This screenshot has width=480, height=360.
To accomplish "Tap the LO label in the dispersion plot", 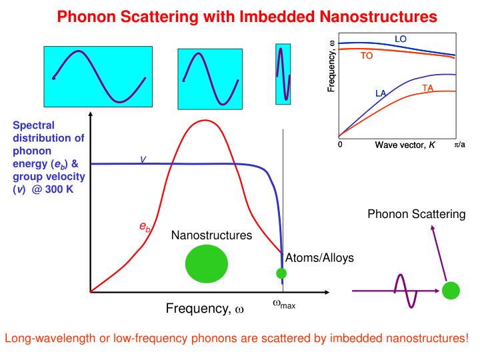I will pyautogui.click(x=401, y=39).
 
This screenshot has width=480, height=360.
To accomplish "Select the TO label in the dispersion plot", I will pyautogui.click(x=367, y=56).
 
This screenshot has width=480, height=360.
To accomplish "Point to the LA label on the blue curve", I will pyautogui.click(x=381, y=93).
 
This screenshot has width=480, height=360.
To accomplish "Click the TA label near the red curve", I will pyautogui.click(x=428, y=88).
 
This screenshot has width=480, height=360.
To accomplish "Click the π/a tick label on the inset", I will pyautogui.click(x=460, y=144).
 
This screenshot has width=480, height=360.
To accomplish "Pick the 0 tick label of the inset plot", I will pyautogui.click(x=340, y=144).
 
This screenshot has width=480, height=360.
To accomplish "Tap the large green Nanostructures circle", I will pyautogui.click(x=206, y=263).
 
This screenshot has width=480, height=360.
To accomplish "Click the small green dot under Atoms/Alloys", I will pyautogui.click(x=281, y=273).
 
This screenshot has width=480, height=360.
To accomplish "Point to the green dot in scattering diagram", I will pyautogui.click(x=451, y=291).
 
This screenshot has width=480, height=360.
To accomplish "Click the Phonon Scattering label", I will pyautogui.click(x=417, y=213).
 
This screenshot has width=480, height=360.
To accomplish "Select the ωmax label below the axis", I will pyautogui.click(x=283, y=304).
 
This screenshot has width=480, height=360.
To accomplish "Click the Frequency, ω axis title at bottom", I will pyautogui.click(x=205, y=309).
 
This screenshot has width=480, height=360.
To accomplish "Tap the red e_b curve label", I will pyautogui.click(x=145, y=227).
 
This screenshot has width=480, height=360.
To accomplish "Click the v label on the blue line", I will pyautogui.click(x=143, y=159).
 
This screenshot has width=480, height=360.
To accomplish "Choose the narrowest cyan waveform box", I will pyautogui.click(x=283, y=73).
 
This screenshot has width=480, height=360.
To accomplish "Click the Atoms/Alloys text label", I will pyautogui.click(x=310, y=258).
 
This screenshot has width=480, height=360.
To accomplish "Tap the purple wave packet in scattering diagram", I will pyautogui.click(x=405, y=291).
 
